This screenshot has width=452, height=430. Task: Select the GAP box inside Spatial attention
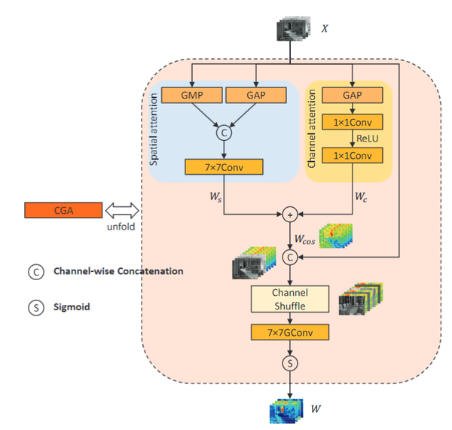(257, 96)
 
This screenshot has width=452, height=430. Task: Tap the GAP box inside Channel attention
(352, 96)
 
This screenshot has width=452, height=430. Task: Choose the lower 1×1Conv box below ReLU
(352, 156)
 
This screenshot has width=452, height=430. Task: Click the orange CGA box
(63, 211)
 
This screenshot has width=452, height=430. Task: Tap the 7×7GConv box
(290, 331)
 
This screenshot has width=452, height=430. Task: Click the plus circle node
(290, 215)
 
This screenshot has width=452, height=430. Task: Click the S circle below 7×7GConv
(290, 364)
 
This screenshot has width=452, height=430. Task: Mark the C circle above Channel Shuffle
(290, 258)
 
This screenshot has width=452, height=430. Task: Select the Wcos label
(305, 239)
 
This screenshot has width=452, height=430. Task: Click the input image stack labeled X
(292, 29)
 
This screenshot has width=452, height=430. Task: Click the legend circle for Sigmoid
(35, 307)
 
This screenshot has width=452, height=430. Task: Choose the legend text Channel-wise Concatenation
(117, 271)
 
